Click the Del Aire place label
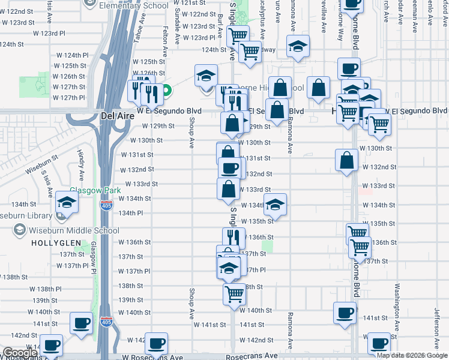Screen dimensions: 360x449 point(113,114)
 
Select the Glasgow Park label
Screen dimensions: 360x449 point(91,190)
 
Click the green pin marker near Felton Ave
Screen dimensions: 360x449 point(167,92)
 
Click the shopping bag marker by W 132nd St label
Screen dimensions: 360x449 point(347,160)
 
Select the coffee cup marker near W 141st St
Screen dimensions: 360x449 point(345,313)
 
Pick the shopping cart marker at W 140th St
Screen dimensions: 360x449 point(234,294)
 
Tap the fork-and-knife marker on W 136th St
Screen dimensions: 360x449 point(234,238)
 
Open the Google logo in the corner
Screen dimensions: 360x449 point(19,353)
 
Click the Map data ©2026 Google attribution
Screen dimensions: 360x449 point(412,355)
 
